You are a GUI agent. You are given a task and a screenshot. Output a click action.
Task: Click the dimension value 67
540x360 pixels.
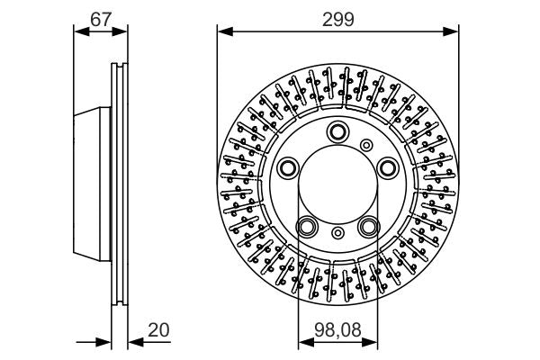(101, 16)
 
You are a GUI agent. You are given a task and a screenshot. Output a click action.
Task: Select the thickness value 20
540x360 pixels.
(158, 330)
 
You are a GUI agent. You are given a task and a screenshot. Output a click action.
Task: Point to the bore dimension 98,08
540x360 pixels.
(338, 330)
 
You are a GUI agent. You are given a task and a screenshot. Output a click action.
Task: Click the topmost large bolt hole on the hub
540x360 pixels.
(338, 130)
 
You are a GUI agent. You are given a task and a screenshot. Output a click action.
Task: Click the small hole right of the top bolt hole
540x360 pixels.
(366, 145)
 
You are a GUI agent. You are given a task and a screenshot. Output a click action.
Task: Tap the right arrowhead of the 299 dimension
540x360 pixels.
(454, 30)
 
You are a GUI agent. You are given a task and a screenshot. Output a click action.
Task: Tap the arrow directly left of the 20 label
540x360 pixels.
(135, 342)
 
